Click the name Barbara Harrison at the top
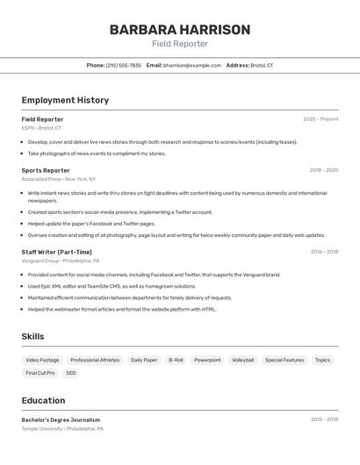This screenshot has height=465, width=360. tap(179, 30)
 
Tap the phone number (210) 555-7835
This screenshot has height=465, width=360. tap(123, 65)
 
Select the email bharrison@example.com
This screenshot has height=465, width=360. tap(192, 65)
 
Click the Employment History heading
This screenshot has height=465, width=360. tap(65, 100)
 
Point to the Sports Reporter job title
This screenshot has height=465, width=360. tap(46, 170)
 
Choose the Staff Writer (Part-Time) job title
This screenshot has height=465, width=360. tap(56, 252)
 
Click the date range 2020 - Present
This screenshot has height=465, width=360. tap(320, 119)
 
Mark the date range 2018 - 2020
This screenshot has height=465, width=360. tap(323, 170)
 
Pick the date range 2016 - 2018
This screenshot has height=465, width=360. tap(324, 252)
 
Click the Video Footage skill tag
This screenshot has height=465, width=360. tap(42, 360)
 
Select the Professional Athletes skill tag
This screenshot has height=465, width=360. tap(95, 360)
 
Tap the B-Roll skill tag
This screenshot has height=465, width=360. tap(176, 360)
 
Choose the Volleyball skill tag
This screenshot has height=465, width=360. tap(242, 360)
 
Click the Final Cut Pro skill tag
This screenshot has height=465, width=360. tap(40, 373)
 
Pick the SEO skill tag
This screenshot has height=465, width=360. tap(71, 373)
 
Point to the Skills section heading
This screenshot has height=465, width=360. tap(32, 337)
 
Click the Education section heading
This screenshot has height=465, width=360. tap(43, 400)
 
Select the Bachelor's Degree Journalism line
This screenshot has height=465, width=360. tap(61, 420)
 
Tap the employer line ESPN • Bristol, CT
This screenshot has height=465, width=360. tap(41, 128)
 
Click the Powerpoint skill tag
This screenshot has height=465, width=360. tap(207, 360)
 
